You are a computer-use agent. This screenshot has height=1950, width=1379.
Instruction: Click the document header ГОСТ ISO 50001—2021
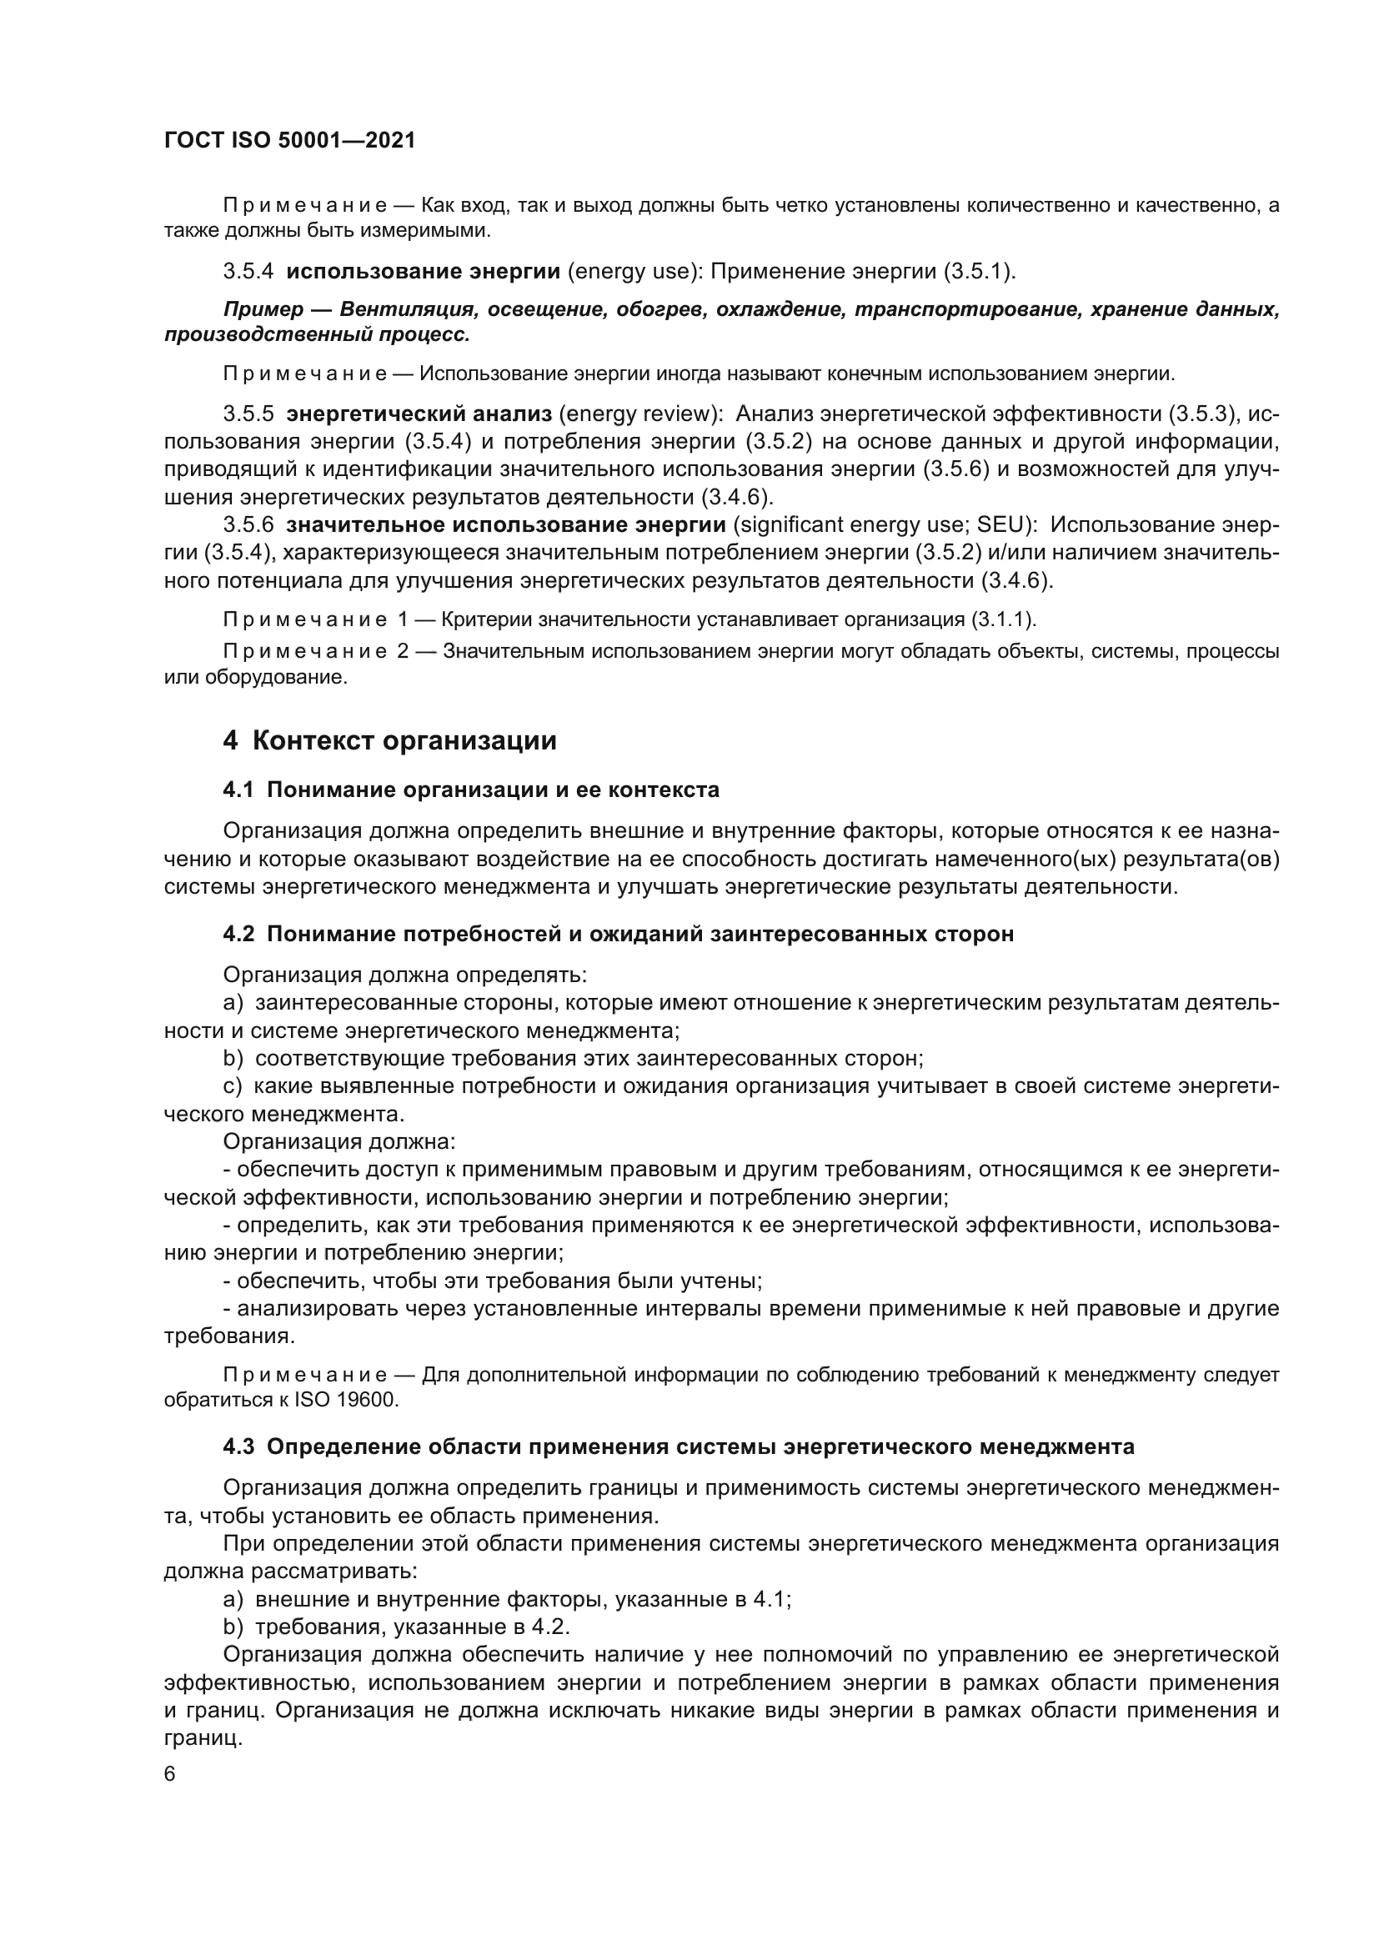pyautogui.click(x=289, y=140)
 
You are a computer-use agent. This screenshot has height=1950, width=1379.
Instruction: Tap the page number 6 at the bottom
pyautogui.click(x=170, y=1774)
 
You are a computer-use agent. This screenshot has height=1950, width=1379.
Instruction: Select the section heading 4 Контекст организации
pyautogui.click(x=389, y=740)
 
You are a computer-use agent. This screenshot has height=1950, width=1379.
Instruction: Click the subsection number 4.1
pyautogui.click(x=238, y=790)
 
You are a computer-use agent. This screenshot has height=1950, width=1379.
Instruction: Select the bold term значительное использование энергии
pyautogui.click(x=506, y=525)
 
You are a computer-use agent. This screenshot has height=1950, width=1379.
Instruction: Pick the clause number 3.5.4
pyautogui.click(x=248, y=272)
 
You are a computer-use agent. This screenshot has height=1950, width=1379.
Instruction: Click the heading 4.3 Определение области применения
pyautogui.click(x=679, y=1446)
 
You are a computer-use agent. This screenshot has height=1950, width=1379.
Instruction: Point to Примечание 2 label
pyautogui.click(x=315, y=651)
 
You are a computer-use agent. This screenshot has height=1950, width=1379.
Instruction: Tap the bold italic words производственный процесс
pyautogui.click(x=317, y=334)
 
